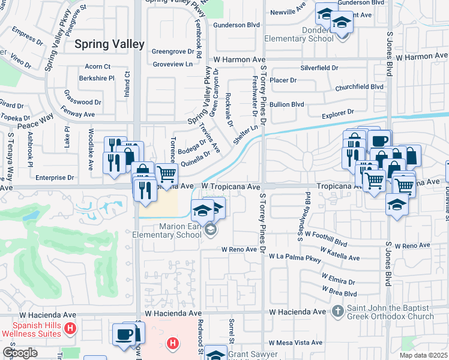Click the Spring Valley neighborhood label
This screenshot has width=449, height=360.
pyautogui.click(x=109, y=44)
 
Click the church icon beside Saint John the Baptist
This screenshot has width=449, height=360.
pyautogui.click(x=338, y=311)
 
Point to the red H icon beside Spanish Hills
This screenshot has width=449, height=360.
pyautogui.click(x=70, y=328)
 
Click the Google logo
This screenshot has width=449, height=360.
pyautogui.click(x=20, y=353)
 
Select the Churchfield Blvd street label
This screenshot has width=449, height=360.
pyautogui.click(x=360, y=86)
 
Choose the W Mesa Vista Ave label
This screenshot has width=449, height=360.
pyautogui.click(x=295, y=343)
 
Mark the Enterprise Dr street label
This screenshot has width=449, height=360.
pyautogui.click(x=54, y=178)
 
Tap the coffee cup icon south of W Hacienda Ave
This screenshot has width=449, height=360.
pyautogui.click(x=124, y=334)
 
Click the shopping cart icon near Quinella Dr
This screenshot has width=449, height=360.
pyautogui.click(x=167, y=173)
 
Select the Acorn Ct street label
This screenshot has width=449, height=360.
pyautogui.click(x=98, y=67)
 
